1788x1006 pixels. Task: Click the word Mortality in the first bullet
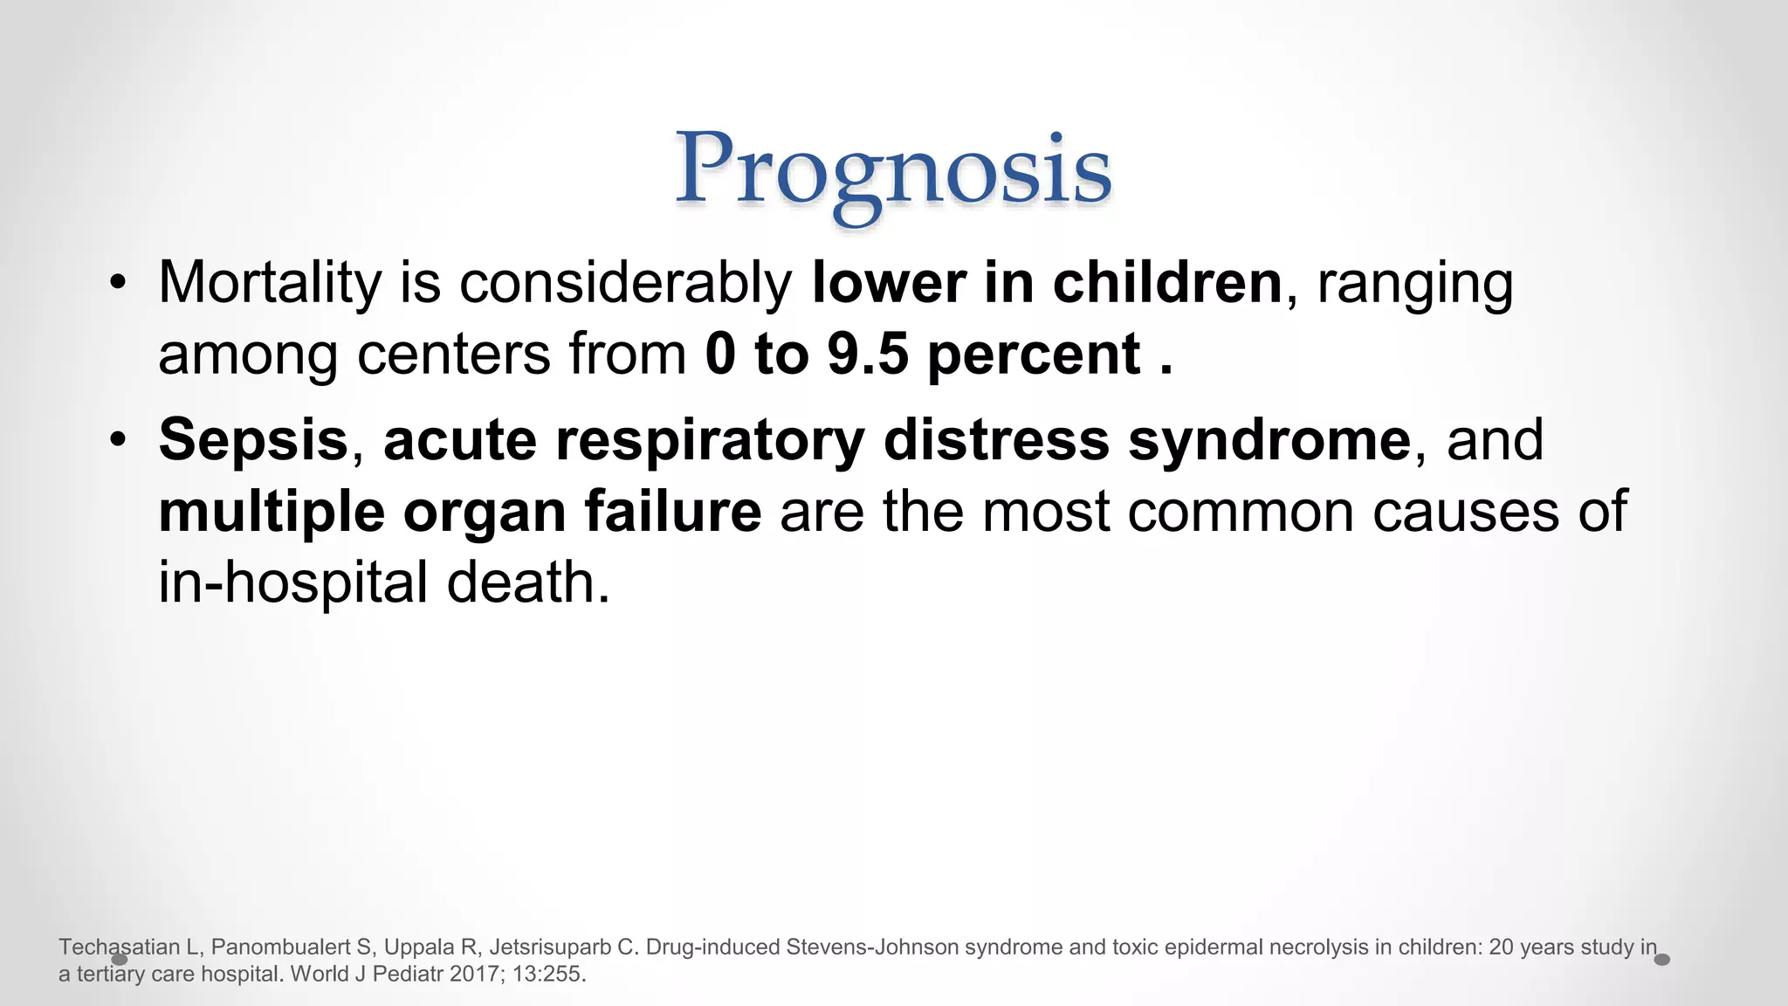270,283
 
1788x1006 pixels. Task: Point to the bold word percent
1034,356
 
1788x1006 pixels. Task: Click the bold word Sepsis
253,439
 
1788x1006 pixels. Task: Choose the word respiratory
710,441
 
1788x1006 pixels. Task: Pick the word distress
996,439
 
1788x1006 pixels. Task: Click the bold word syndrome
1269,441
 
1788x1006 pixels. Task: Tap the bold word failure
673,512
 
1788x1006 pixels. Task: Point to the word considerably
625,285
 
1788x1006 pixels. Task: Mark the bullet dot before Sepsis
119,439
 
